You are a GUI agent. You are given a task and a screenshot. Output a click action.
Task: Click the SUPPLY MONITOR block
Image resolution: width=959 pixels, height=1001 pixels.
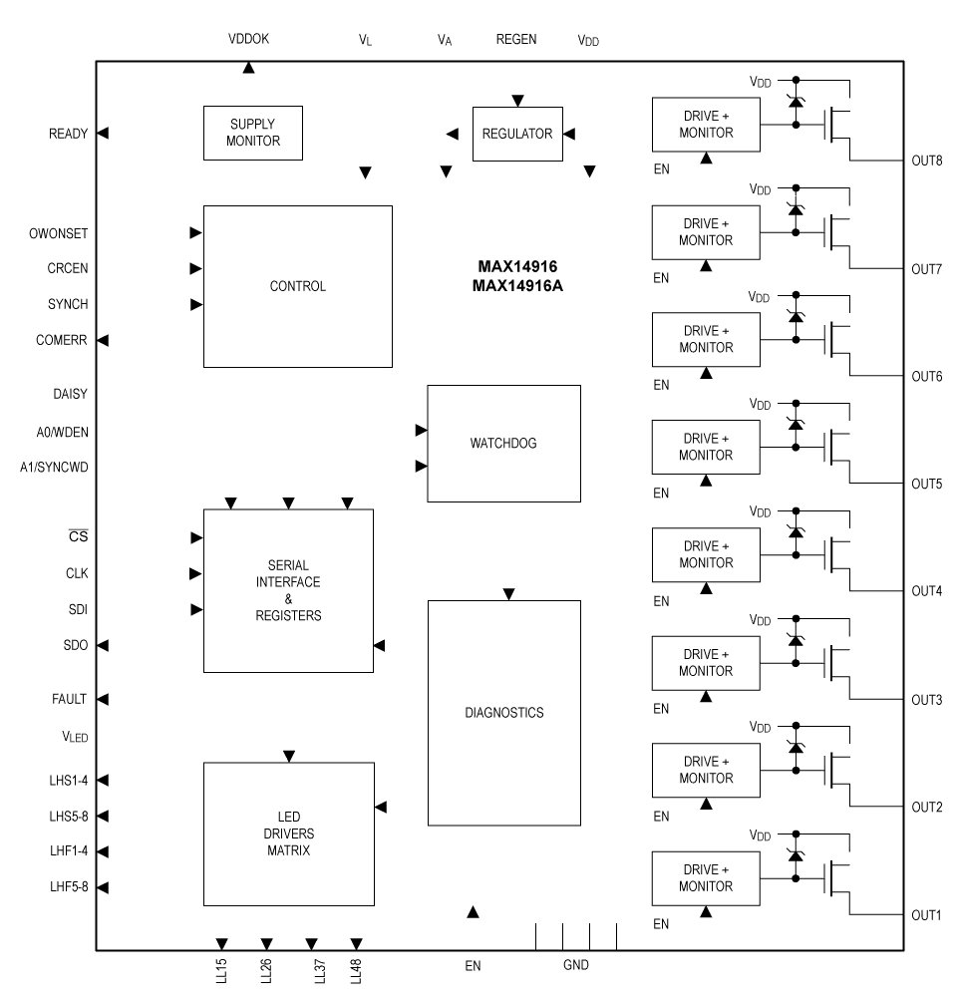tap(252, 133)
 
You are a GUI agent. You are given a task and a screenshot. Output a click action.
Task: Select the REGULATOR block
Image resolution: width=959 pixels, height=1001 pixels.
tap(516, 134)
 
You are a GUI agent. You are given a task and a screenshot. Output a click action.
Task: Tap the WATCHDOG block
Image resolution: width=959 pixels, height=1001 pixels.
tap(502, 443)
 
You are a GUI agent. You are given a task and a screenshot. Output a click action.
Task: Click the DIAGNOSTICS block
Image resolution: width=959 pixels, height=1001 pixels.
tap(503, 712)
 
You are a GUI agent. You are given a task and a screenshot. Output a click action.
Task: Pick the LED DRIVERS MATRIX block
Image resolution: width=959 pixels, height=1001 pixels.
tap(288, 833)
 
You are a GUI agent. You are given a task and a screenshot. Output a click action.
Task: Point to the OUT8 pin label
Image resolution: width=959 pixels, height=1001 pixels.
tap(926, 161)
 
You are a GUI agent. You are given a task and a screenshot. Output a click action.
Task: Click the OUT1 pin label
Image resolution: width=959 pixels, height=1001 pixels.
tap(926, 915)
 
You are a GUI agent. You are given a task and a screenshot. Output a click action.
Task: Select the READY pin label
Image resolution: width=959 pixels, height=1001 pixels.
tap(68, 134)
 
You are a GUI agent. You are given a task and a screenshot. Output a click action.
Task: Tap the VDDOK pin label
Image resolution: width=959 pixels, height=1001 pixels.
tap(248, 40)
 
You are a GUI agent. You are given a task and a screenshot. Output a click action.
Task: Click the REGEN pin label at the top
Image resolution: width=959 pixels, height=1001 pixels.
tap(516, 40)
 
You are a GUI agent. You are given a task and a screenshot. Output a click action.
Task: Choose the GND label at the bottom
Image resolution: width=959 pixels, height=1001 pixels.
tap(575, 965)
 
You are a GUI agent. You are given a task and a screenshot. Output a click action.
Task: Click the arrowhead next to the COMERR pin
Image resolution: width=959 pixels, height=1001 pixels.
tap(102, 340)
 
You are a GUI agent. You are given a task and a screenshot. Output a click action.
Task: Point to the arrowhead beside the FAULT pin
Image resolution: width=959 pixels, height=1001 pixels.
tap(102, 700)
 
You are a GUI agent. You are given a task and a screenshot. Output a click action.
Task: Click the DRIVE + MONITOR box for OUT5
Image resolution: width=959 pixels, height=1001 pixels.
tap(706, 447)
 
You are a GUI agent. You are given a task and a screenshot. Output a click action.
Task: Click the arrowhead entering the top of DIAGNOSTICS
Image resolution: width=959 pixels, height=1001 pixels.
tap(508, 594)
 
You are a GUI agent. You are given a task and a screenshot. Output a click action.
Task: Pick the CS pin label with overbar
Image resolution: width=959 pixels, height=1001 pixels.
tap(77, 538)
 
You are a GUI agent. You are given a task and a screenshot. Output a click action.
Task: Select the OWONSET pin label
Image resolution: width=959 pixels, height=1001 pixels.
tap(59, 233)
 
